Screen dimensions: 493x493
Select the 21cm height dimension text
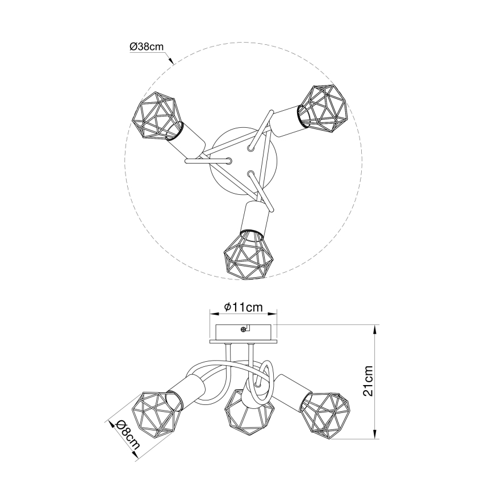[369, 381]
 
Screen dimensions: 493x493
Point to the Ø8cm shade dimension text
[127, 435]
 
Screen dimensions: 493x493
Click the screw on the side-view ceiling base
[244, 329]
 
